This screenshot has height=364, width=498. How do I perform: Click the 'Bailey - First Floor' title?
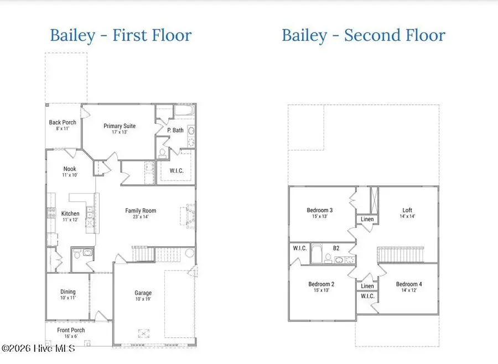coord(121,36)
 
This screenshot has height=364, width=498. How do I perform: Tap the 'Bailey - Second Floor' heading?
coord(363,36)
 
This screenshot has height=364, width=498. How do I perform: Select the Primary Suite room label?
coord(120,126)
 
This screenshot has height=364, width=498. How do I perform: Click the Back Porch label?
coord(63,123)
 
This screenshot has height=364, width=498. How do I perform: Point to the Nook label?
coord(70,169)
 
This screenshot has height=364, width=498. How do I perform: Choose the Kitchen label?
coord(70,214)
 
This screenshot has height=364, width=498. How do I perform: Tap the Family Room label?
coord(141,211)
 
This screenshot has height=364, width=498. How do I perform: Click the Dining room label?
coord(68,292)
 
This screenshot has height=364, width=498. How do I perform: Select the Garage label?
coord(143,293)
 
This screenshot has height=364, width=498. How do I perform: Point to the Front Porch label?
coord(71,330)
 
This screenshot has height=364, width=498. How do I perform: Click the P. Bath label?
coord(175,131)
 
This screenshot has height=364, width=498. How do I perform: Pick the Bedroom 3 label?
coord(320,210)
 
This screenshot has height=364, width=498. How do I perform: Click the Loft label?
coord(407,210)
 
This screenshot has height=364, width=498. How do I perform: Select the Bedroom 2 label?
coord(321,284)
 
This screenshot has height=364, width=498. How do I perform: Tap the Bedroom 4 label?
coord(409,284)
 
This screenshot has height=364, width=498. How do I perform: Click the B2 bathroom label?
coord(336,248)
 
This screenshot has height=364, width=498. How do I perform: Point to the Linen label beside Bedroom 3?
coord(367,220)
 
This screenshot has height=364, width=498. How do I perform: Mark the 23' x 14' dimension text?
coord(141,217)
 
